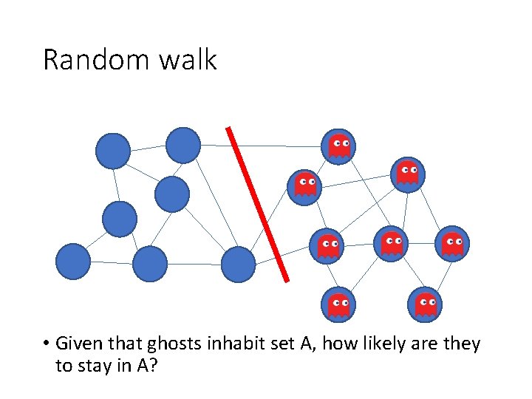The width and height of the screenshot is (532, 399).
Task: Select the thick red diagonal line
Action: [x=257, y=203]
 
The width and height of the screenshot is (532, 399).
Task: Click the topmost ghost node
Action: [x=339, y=146]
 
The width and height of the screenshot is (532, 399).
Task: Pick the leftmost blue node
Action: [x=73, y=262]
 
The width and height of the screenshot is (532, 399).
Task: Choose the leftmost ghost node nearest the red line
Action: [x=305, y=184]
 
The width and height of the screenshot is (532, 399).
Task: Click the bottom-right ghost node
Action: [x=425, y=303]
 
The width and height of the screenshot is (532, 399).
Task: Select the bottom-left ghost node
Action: [x=338, y=304]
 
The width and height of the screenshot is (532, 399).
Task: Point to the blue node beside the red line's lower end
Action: [x=238, y=264]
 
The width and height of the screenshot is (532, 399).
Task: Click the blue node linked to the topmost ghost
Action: [x=183, y=145]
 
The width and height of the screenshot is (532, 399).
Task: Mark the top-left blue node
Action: [x=113, y=151]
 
